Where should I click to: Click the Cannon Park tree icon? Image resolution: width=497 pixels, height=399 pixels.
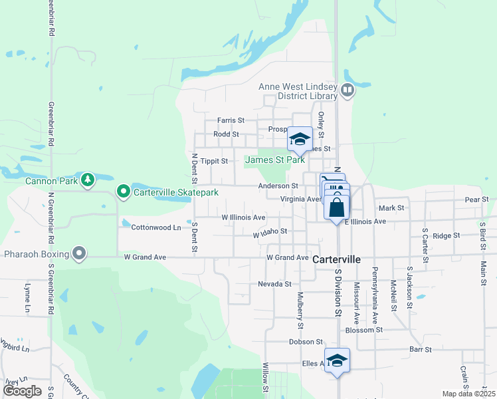[87, 180]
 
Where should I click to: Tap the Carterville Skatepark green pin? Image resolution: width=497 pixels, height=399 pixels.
[124, 192]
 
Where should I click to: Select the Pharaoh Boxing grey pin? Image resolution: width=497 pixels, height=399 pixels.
[80, 253]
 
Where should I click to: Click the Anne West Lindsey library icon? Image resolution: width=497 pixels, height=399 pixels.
[347, 90]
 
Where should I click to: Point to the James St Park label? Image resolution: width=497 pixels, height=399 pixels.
[275, 160]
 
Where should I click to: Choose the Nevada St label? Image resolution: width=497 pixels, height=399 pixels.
[275, 284]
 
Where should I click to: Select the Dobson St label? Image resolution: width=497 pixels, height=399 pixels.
[305, 342]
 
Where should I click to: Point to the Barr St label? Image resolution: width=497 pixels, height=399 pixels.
[421, 348]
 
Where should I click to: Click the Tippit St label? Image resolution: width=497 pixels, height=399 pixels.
[215, 161]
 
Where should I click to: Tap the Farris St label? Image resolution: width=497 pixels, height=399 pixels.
[231, 120]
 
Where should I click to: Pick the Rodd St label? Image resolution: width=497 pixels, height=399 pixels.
[226, 134]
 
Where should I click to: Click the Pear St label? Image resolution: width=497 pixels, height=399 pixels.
[476, 199]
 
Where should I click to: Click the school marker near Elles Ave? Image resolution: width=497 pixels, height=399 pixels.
[338, 360]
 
